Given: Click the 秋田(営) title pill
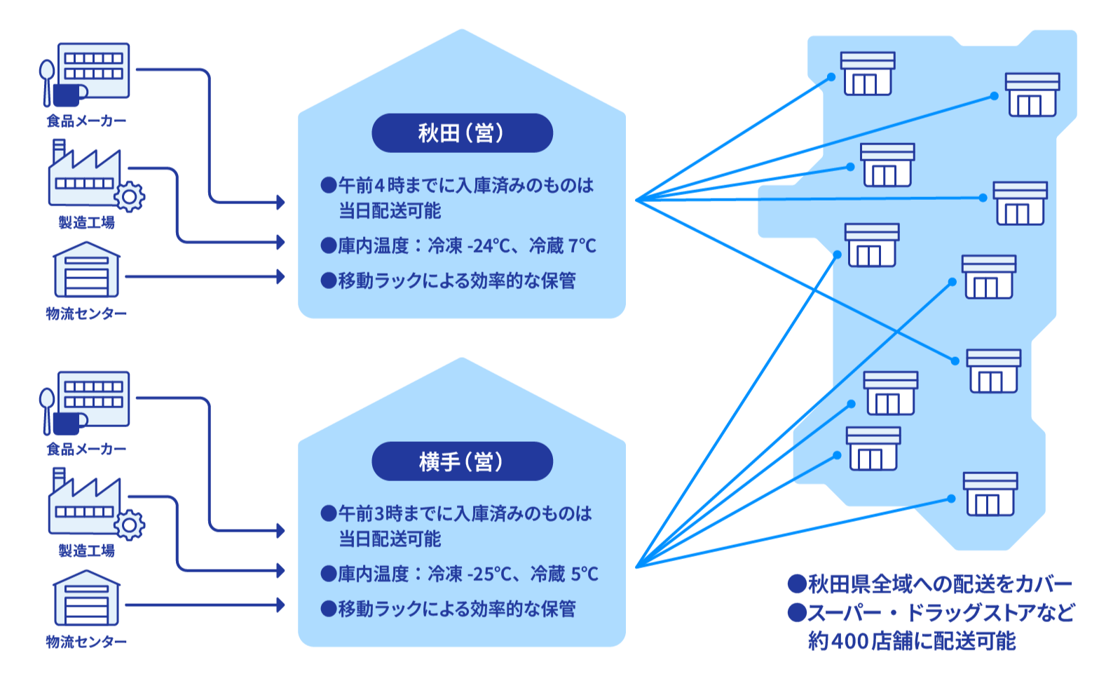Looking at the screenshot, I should click(462, 133).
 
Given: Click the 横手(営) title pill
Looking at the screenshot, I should click(462, 461).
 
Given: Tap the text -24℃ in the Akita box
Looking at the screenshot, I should click(489, 246).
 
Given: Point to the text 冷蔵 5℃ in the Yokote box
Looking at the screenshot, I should click(564, 574).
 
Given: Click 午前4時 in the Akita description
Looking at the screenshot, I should click(371, 186).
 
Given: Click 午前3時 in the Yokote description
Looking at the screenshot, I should click(371, 514).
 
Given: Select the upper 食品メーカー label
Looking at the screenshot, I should click(86, 121).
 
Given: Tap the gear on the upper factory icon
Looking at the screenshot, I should click(130, 196).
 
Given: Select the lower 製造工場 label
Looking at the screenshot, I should click(86, 551).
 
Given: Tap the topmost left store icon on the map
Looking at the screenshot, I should click(868, 74).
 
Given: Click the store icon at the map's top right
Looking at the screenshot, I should click(1032, 95).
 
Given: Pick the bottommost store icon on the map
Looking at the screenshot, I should click(990, 494).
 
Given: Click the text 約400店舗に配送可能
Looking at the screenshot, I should click(911, 641).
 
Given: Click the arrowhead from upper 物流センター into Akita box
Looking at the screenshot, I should click(281, 276).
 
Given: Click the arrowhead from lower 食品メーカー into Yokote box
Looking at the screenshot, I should click(281, 531).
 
